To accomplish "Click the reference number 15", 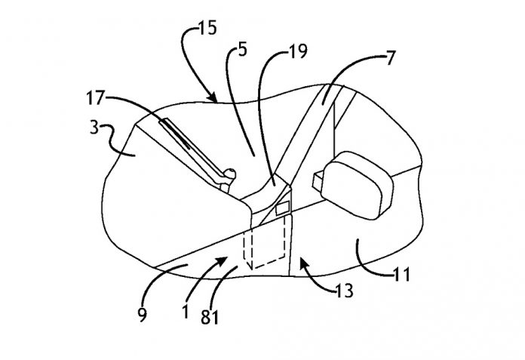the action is click(207, 28).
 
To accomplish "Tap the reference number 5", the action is click(242, 50).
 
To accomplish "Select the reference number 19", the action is click(297, 51).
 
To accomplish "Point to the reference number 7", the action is click(391, 57).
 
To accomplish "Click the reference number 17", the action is click(96, 98).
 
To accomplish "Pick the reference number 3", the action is click(94, 128).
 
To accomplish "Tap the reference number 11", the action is click(401, 275).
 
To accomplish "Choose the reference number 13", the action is click(344, 291).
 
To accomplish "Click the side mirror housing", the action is click(357, 185).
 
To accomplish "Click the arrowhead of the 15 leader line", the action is click(213, 97).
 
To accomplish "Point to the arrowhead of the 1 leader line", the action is click(223, 260).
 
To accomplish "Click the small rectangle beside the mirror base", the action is click(282, 208).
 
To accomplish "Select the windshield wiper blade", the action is click(176, 134).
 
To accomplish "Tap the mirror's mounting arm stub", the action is click(318, 181).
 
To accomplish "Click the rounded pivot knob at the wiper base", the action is click(230, 174).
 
